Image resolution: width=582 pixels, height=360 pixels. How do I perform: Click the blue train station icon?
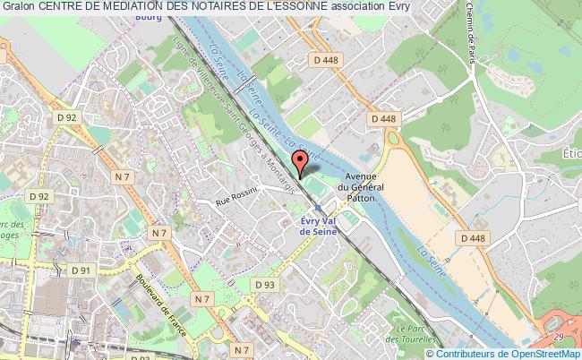pyautogui.click(x=317, y=207)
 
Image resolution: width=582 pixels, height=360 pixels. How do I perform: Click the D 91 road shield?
pyautogui.click(x=81, y=270)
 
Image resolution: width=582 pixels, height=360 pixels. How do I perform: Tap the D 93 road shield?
pyautogui.click(x=263, y=285)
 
